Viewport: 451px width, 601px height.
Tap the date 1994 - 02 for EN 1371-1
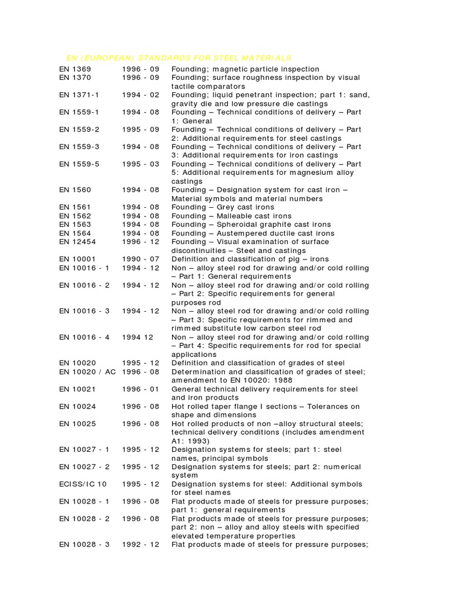tap(140, 94)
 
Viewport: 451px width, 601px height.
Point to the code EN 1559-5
tap(79, 164)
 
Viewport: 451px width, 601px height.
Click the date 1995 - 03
tap(140, 164)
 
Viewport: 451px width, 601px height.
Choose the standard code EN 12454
tap(78, 242)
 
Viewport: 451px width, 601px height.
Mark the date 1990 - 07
tap(140, 259)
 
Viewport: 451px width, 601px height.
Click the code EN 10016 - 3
tap(84, 311)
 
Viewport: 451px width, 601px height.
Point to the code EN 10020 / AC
tap(87, 372)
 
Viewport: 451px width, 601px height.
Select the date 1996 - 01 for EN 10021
tap(140, 389)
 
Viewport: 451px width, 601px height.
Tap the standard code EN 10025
tap(78, 423)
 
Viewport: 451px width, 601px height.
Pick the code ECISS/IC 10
tap(83, 484)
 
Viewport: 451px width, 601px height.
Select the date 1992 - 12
tap(140, 545)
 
